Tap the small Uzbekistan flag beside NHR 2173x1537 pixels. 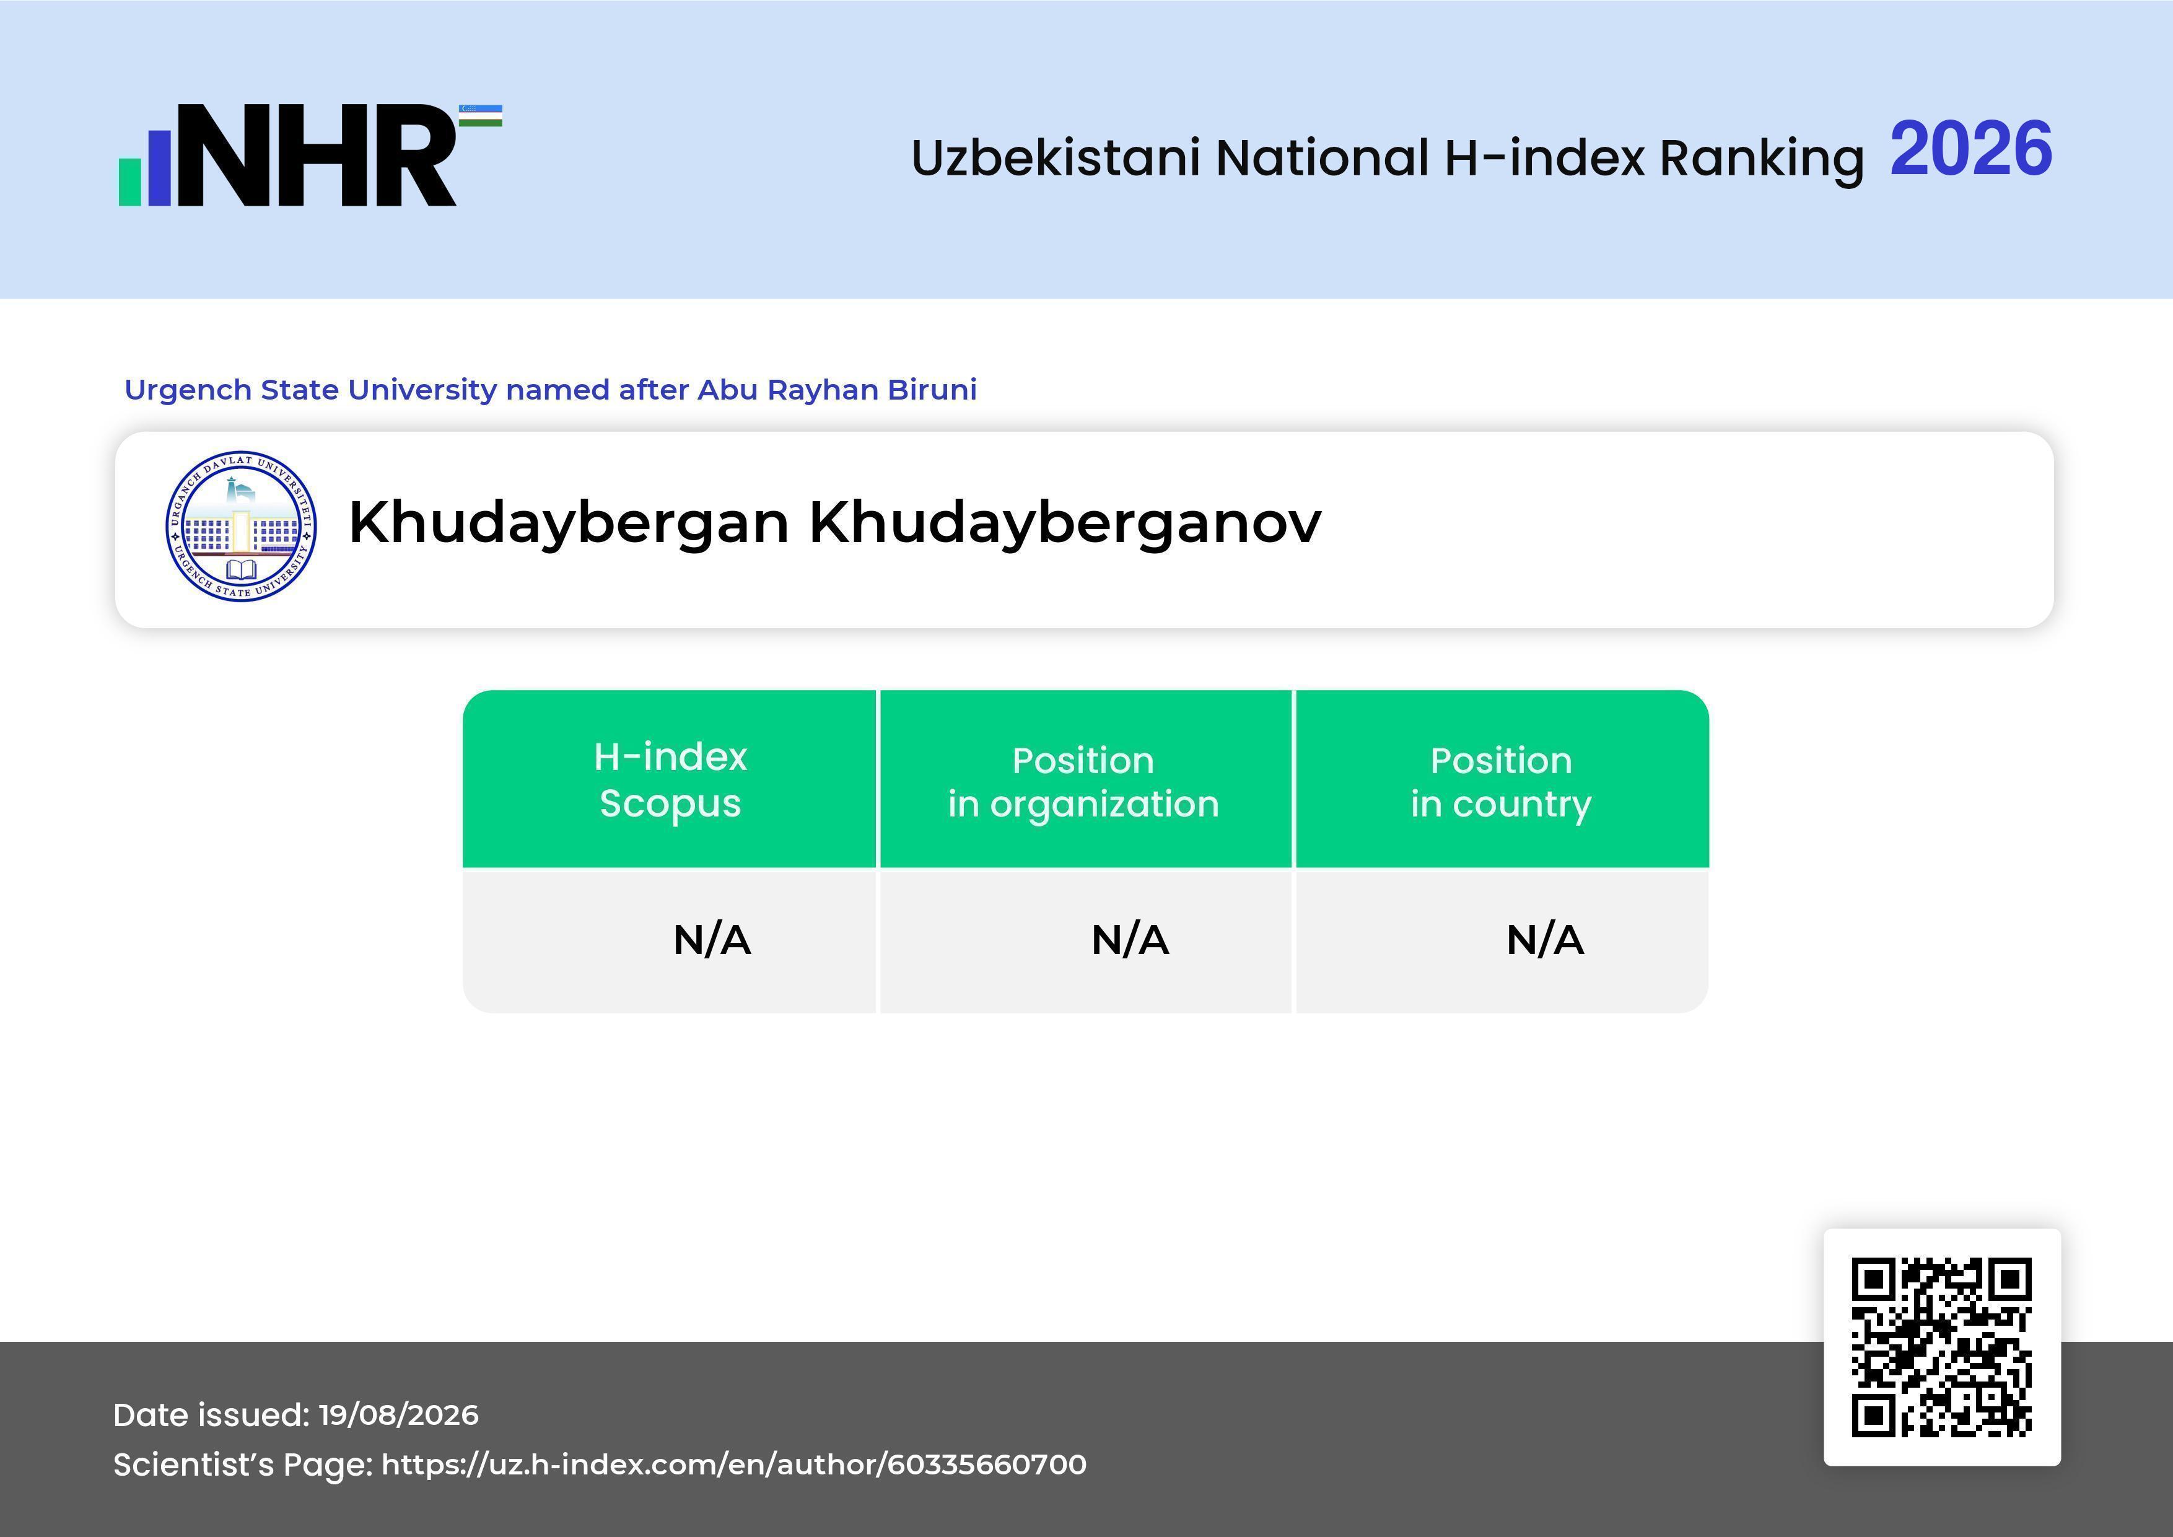tap(481, 115)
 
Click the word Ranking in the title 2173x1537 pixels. tap(1761, 158)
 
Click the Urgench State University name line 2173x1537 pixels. tap(551, 390)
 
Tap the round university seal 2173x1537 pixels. tap(242, 525)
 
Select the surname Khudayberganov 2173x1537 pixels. tap(1065, 522)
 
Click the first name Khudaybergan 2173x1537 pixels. tap(569, 522)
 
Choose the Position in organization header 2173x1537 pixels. tap(1083, 782)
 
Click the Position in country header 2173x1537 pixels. tap(1501, 782)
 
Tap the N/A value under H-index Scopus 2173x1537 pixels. tap(712, 940)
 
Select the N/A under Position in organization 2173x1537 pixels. tap(1130, 940)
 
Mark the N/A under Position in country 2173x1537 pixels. tap(1544, 940)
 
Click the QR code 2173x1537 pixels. tap(1942, 1347)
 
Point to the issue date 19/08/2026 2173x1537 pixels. tap(398, 1415)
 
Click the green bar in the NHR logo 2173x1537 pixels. tap(129, 182)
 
